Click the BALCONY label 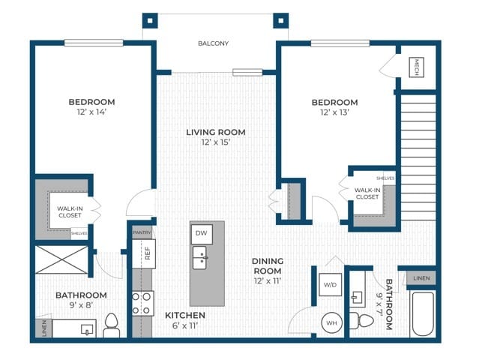[x=213, y=43]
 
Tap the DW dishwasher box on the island [x=202, y=234]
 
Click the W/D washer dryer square [x=331, y=285]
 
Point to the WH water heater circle [x=332, y=323]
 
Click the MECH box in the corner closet [x=416, y=67]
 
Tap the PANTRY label [x=142, y=232]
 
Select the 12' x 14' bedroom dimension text [x=91, y=112]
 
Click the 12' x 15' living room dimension [x=215, y=142]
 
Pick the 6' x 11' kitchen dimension [x=185, y=325]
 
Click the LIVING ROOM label [x=216, y=132]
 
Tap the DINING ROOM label [x=268, y=265]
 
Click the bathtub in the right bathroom [x=423, y=314]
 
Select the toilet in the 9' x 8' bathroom [x=112, y=325]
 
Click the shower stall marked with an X [x=61, y=259]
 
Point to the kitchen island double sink [x=199, y=257]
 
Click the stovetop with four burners [x=143, y=304]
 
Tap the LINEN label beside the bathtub [x=421, y=278]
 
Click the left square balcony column [x=150, y=21]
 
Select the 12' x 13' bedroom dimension [x=335, y=112]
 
